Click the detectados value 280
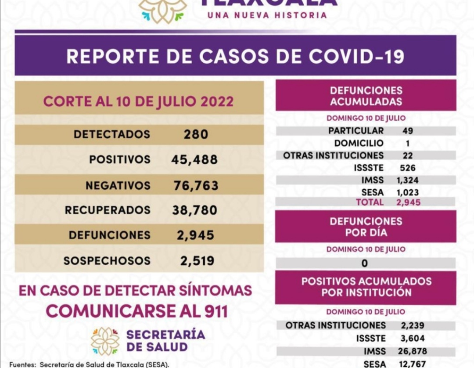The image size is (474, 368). pyautogui.click(x=196, y=134)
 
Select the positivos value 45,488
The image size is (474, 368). pyautogui.click(x=194, y=159)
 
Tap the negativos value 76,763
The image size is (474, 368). pyautogui.click(x=196, y=185)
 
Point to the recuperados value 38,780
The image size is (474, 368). pyautogui.click(x=194, y=210)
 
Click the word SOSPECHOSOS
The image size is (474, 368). pyautogui.click(x=107, y=261)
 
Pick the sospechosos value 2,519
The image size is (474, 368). pyautogui.click(x=197, y=261)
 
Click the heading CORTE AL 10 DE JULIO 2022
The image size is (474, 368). pyautogui.click(x=138, y=101)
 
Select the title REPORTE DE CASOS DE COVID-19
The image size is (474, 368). pyautogui.click(x=235, y=57)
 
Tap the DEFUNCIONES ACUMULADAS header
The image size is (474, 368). pyautogui.click(x=366, y=96)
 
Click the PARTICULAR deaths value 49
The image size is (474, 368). pyautogui.click(x=407, y=130)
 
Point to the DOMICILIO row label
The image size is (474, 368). pyautogui.click(x=359, y=143)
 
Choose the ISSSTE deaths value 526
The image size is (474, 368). pyautogui.click(x=407, y=168)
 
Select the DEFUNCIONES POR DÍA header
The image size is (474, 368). pyautogui.click(x=366, y=227)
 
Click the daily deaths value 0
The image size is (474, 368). pyautogui.click(x=364, y=263)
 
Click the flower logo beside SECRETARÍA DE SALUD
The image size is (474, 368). pyautogui.click(x=105, y=341)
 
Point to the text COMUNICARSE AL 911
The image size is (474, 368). pyautogui.click(x=136, y=311)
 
